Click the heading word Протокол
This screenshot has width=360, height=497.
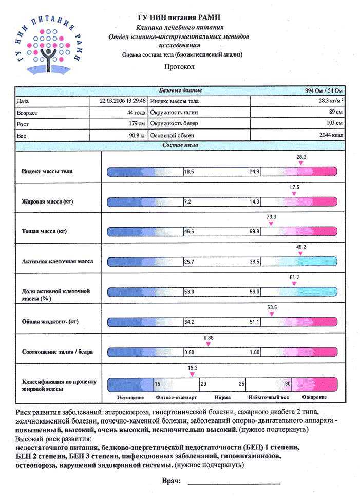pyautogui.click(x=179, y=67)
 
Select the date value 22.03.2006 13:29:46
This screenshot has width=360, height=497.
pyautogui.click(x=123, y=101)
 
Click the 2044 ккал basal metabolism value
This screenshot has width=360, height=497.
pyautogui.click(x=331, y=135)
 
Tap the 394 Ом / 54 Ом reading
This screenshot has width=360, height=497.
pyautogui.click(x=324, y=91)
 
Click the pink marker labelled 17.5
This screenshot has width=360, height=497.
pyautogui.click(x=294, y=194)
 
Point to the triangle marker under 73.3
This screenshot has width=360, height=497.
pyautogui.click(x=272, y=224)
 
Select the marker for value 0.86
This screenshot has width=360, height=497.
pyautogui.click(x=209, y=344)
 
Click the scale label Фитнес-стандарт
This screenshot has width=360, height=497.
pyautogui.click(x=172, y=398)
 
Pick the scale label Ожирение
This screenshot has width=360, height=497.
pyautogui.click(x=314, y=398)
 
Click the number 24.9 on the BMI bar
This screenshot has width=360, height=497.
pyautogui.click(x=254, y=172)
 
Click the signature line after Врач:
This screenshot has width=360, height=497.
pyautogui.click(x=234, y=483)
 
